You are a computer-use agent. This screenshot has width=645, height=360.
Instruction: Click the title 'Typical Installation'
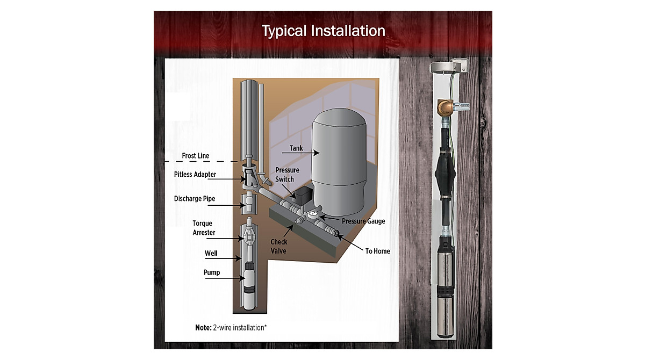point(324,31)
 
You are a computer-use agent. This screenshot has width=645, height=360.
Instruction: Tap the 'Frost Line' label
point(196,156)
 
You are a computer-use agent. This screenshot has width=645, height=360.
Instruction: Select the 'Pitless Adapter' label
point(195,175)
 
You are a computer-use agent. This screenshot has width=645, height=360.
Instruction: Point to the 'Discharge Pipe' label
point(195,199)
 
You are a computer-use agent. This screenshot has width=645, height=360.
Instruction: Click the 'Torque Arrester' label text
point(204,228)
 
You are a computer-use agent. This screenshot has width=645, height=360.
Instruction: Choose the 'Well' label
point(211,253)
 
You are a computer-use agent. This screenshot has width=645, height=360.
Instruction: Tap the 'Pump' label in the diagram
point(212,272)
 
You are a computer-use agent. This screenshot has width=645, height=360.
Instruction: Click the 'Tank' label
point(296,148)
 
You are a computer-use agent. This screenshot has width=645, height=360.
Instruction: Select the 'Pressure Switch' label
point(287,175)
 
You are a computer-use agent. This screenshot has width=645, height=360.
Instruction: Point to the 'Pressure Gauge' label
point(363,221)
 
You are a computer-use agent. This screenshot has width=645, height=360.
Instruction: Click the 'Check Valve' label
point(279,246)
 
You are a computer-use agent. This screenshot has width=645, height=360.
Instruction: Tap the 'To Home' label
point(377,251)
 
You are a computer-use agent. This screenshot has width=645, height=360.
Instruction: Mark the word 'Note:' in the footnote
point(203,328)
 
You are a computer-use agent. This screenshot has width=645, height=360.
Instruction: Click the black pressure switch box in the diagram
point(302,196)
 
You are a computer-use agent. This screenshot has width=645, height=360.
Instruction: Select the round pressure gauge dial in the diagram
point(312,214)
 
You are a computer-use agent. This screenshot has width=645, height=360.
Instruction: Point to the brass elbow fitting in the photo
point(445,107)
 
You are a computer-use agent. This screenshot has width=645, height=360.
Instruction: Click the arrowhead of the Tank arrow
point(317,153)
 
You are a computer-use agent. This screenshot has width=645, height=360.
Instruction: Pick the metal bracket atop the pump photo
point(449,66)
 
